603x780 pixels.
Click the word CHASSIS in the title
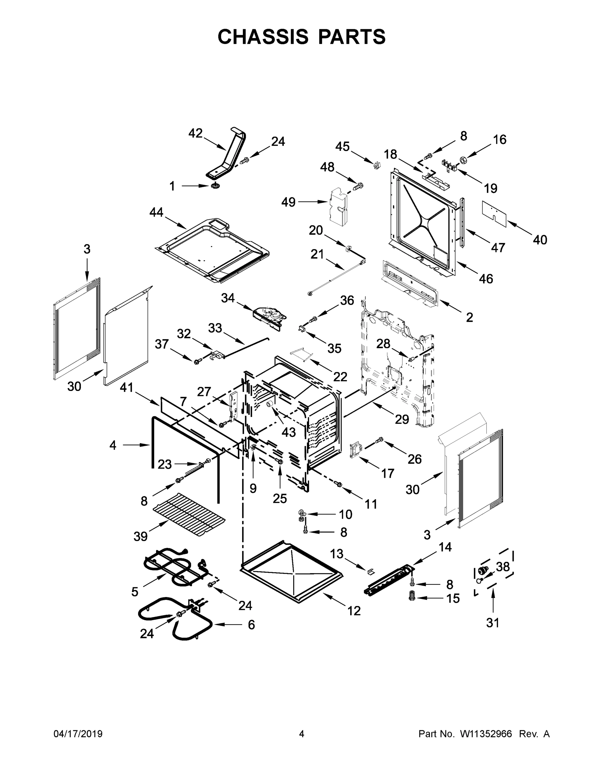[x=263, y=37]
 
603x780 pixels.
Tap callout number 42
[x=195, y=133]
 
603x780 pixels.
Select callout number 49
[x=288, y=202]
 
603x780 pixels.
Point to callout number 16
[x=499, y=139]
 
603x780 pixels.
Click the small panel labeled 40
[x=494, y=214]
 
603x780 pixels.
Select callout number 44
[x=156, y=213]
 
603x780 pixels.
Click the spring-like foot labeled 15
[x=413, y=596]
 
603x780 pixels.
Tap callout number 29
[x=401, y=419]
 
